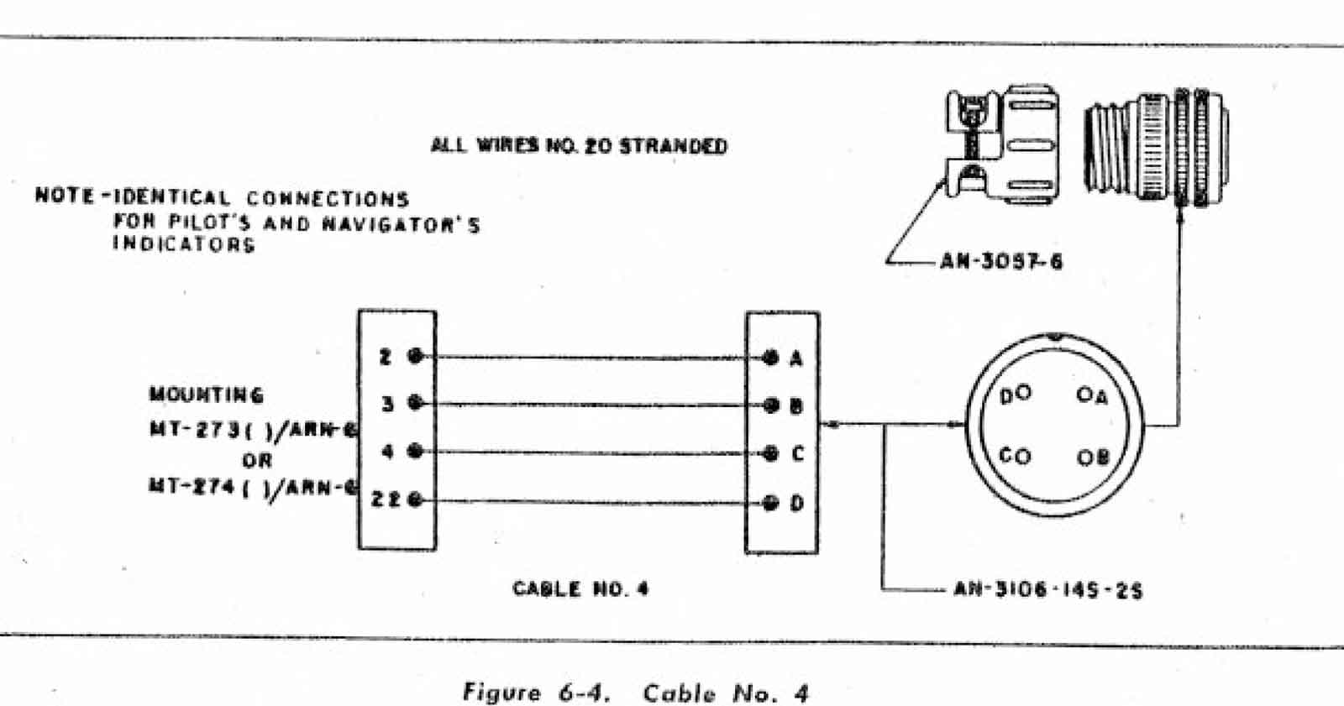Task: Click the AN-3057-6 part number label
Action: tap(1000, 262)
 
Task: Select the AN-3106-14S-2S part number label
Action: tap(1047, 590)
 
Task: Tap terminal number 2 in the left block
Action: tap(386, 358)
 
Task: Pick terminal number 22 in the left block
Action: tap(386, 500)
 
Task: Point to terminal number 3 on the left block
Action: tap(387, 404)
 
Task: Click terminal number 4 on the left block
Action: tap(387, 452)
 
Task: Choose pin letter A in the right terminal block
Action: tap(796, 359)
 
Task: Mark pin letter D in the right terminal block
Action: tap(796, 504)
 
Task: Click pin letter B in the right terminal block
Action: tap(796, 407)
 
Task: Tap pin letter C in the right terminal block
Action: tap(797, 454)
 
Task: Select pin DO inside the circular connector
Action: tap(1015, 395)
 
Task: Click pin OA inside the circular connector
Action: tap(1092, 395)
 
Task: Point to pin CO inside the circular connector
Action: tap(1015, 457)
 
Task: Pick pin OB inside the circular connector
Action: tap(1093, 458)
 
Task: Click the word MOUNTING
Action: tap(207, 395)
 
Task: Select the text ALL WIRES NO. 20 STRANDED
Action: tap(579, 146)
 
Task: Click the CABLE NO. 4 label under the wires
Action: tap(580, 588)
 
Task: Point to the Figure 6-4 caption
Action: tap(635, 693)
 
